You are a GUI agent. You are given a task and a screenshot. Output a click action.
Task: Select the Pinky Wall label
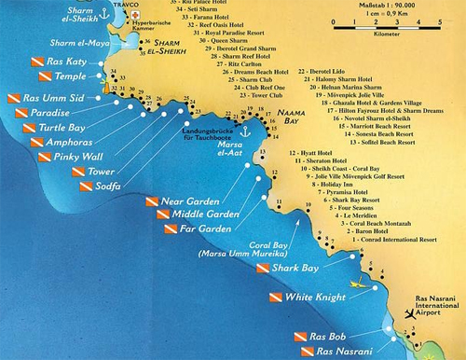pos(78,157)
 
